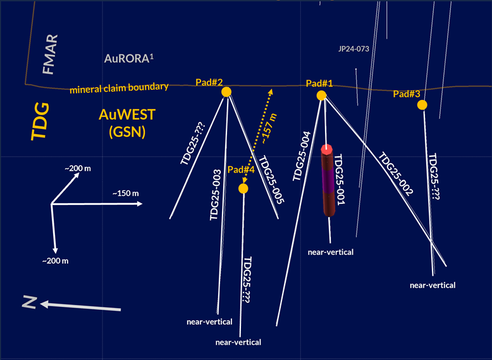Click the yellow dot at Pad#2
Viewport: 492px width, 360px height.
(x=226, y=92)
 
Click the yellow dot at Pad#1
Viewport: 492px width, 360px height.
(x=321, y=95)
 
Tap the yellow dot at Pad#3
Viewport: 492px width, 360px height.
(x=422, y=104)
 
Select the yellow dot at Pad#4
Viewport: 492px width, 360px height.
(x=243, y=189)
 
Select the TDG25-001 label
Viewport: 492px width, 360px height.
(x=339, y=180)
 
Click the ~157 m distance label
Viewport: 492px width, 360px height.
(x=268, y=129)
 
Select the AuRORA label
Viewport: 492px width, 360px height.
(x=128, y=59)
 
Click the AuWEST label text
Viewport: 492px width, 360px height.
(x=127, y=115)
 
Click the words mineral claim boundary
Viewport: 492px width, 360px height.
(x=119, y=87)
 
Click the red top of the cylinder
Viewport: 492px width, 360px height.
(x=327, y=149)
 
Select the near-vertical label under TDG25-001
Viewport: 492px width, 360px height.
(x=330, y=252)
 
